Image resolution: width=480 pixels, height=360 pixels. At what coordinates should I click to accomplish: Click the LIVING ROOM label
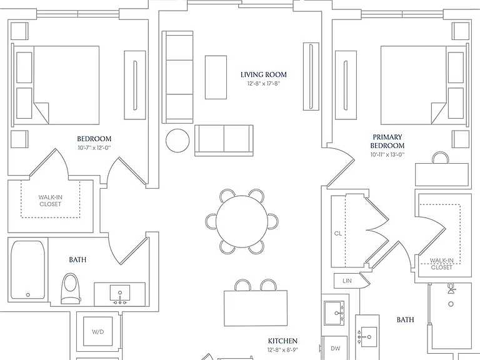click(x=264, y=75)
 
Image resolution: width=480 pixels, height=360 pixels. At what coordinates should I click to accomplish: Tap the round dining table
click(x=242, y=221)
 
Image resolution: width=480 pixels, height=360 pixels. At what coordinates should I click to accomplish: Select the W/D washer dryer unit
click(x=98, y=332)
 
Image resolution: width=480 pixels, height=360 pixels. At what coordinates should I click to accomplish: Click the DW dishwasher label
click(x=336, y=348)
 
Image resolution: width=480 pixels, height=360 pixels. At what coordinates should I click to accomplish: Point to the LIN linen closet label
click(x=347, y=281)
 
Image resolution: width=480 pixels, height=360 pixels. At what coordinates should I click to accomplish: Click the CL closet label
click(x=337, y=234)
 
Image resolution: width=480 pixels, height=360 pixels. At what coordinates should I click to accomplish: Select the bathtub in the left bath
click(x=28, y=270)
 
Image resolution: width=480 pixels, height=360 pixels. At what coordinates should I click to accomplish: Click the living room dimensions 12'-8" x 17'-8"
click(x=264, y=84)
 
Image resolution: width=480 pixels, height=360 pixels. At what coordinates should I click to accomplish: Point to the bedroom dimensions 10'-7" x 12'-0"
click(x=94, y=148)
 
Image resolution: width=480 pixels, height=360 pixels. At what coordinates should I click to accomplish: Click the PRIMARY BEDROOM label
click(x=387, y=141)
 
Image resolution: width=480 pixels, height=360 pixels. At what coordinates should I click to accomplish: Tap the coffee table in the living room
click(x=216, y=77)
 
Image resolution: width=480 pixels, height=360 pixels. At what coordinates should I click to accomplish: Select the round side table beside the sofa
click(x=177, y=141)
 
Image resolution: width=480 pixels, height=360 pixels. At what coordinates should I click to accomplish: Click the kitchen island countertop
click(x=256, y=308)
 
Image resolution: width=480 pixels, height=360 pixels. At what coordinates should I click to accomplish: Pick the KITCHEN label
click(x=282, y=341)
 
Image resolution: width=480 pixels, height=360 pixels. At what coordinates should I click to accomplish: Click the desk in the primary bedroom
click(x=442, y=174)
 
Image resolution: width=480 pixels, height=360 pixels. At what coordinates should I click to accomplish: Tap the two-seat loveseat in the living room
click(x=224, y=141)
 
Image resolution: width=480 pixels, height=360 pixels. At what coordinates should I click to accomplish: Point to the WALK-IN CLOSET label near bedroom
click(x=50, y=201)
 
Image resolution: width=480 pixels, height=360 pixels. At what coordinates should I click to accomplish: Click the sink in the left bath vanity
click(x=120, y=294)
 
